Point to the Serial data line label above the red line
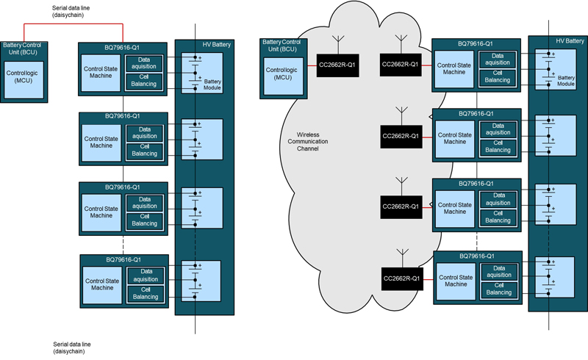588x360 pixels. pos(72,11)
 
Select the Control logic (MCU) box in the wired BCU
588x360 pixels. pos(24,78)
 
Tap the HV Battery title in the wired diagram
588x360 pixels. pos(217,46)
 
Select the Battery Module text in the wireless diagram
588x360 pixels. pos(565,80)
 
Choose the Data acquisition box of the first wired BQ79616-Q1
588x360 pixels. pos(145,64)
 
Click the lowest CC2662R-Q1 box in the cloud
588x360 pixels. pos(400,278)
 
